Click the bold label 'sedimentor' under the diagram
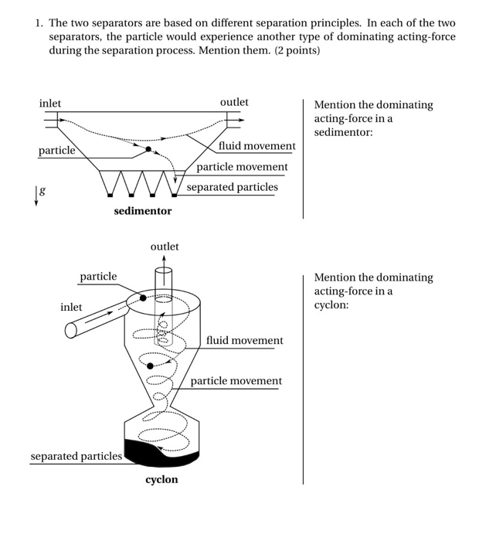(143, 210)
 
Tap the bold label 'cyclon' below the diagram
(161, 479)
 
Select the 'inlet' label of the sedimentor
(50, 103)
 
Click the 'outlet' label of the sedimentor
(234, 102)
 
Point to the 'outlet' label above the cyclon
(165, 246)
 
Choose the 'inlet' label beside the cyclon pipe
(71, 307)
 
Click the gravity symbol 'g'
(42, 189)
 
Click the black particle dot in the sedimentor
(148, 148)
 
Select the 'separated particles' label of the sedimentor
(232, 187)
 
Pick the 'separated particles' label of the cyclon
(76, 456)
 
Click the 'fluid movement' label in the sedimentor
(256, 145)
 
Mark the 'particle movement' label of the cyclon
(236, 381)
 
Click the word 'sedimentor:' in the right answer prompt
(343, 132)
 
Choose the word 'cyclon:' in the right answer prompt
(331, 305)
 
